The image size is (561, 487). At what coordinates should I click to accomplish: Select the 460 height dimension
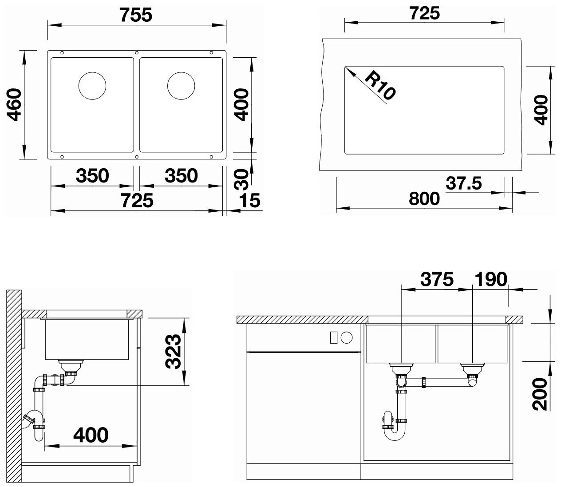click(14, 104)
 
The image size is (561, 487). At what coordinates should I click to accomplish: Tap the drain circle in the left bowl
click(92, 86)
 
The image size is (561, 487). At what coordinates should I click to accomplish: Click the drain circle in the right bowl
click(181, 86)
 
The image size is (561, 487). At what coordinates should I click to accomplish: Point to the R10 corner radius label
click(380, 85)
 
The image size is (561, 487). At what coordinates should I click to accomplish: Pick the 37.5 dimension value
click(464, 183)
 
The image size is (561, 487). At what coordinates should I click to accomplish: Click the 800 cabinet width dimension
click(424, 199)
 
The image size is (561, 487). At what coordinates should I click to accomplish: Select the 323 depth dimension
click(173, 351)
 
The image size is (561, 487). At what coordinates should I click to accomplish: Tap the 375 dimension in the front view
click(437, 279)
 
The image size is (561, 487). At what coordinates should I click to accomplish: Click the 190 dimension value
click(491, 279)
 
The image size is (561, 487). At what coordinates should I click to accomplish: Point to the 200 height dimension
click(540, 394)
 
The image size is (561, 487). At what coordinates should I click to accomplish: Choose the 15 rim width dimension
click(249, 201)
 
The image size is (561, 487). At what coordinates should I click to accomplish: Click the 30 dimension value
click(241, 179)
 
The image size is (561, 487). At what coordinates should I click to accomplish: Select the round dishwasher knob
click(347, 337)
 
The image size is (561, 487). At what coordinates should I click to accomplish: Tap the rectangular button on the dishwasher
click(334, 337)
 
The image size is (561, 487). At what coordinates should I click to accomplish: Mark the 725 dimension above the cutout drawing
click(424, 13)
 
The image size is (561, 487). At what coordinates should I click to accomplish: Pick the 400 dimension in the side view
click(91, 435)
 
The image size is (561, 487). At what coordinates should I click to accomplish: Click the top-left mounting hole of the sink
click(62, 53)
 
